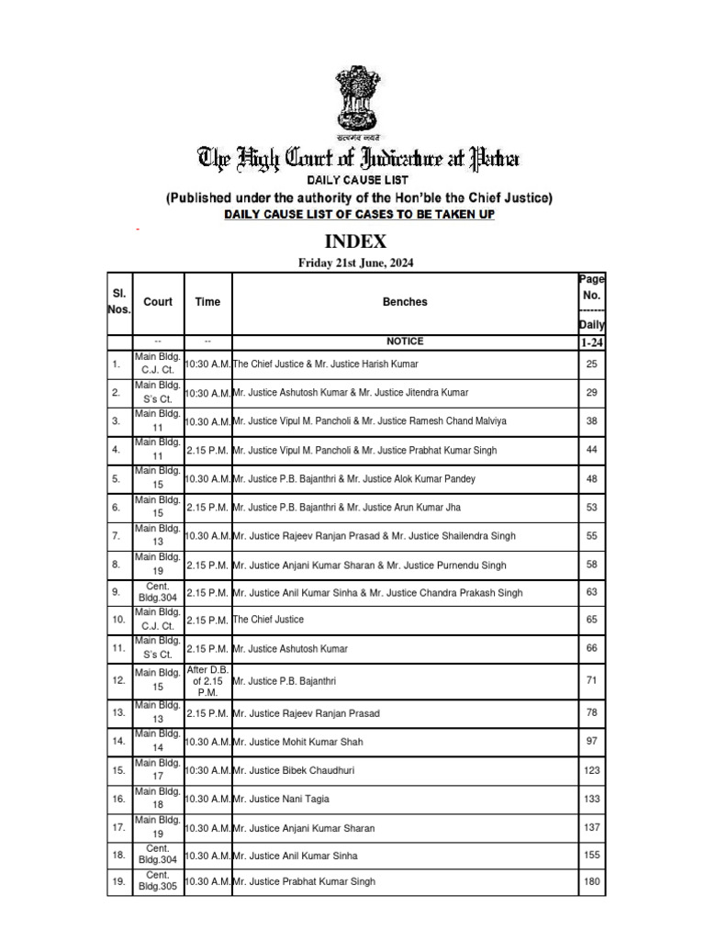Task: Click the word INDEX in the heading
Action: pos(354,242)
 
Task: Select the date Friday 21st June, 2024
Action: pos(355,263)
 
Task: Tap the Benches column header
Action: pos(405,302)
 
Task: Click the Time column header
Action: pos(207,302)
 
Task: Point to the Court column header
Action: pos(158,302)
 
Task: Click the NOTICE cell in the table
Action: pos(405,341)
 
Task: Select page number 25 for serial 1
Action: pos(591,364)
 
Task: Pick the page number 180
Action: pos(591,882)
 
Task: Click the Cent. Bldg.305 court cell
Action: pos(158,882)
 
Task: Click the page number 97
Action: pos(591,740)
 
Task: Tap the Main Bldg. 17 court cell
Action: pos(158,770)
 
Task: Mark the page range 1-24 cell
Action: pos(591,341)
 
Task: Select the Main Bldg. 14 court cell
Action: pos(158,740)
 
